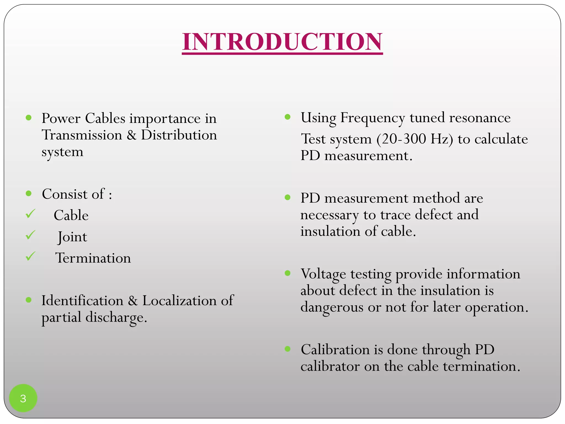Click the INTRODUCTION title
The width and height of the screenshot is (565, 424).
(x=282, y=42)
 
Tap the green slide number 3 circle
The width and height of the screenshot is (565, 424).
(x=23, y=398)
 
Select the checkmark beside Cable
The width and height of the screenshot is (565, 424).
(x=30, y=214)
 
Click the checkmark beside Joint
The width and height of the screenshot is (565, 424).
(x=30, y=235)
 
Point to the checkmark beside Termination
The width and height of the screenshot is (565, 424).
(x=30, y=256)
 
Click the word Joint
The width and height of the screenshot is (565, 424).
(x=72, y=237)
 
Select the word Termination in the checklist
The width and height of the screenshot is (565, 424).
(x=93, y=258)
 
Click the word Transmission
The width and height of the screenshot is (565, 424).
(x=82, y=135)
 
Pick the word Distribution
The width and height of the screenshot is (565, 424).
(x=179, y=135)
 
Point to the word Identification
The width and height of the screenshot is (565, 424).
(x=82, y=300)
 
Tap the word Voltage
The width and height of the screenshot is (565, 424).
(x=323, y=274)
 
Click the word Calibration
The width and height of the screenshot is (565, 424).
(x=335, y=349)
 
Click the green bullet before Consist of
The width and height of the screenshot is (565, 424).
(x=29, y=193)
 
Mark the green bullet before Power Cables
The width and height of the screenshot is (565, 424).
(x=29, y=118)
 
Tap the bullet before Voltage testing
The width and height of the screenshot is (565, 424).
(x=288, y=273)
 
